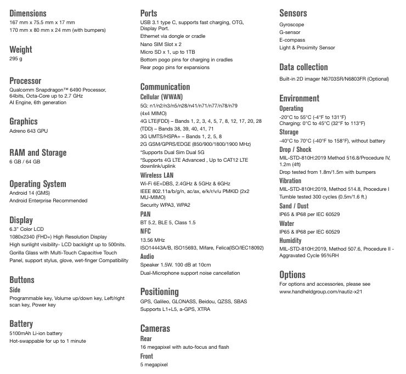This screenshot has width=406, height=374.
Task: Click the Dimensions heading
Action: point(28,13)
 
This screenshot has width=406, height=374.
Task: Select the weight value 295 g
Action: point(16,58)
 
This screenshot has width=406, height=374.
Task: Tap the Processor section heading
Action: point(25,81)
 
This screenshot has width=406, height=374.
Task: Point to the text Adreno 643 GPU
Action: point(29,131)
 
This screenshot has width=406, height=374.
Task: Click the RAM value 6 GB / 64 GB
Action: point(25,162)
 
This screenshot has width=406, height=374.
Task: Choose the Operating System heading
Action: point(38,184)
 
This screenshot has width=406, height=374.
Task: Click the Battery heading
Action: point(21,324)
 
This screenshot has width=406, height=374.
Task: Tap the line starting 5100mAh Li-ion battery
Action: point(36,333)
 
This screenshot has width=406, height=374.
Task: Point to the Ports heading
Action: point(149,13)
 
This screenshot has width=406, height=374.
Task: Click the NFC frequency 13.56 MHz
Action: point(153,240)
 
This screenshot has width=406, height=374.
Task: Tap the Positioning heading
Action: point(159,292)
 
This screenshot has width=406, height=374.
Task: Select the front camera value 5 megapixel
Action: point(154,364)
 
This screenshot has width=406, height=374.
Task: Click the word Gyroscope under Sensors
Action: point(292,25)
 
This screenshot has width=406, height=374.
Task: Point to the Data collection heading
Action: point(303,67)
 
